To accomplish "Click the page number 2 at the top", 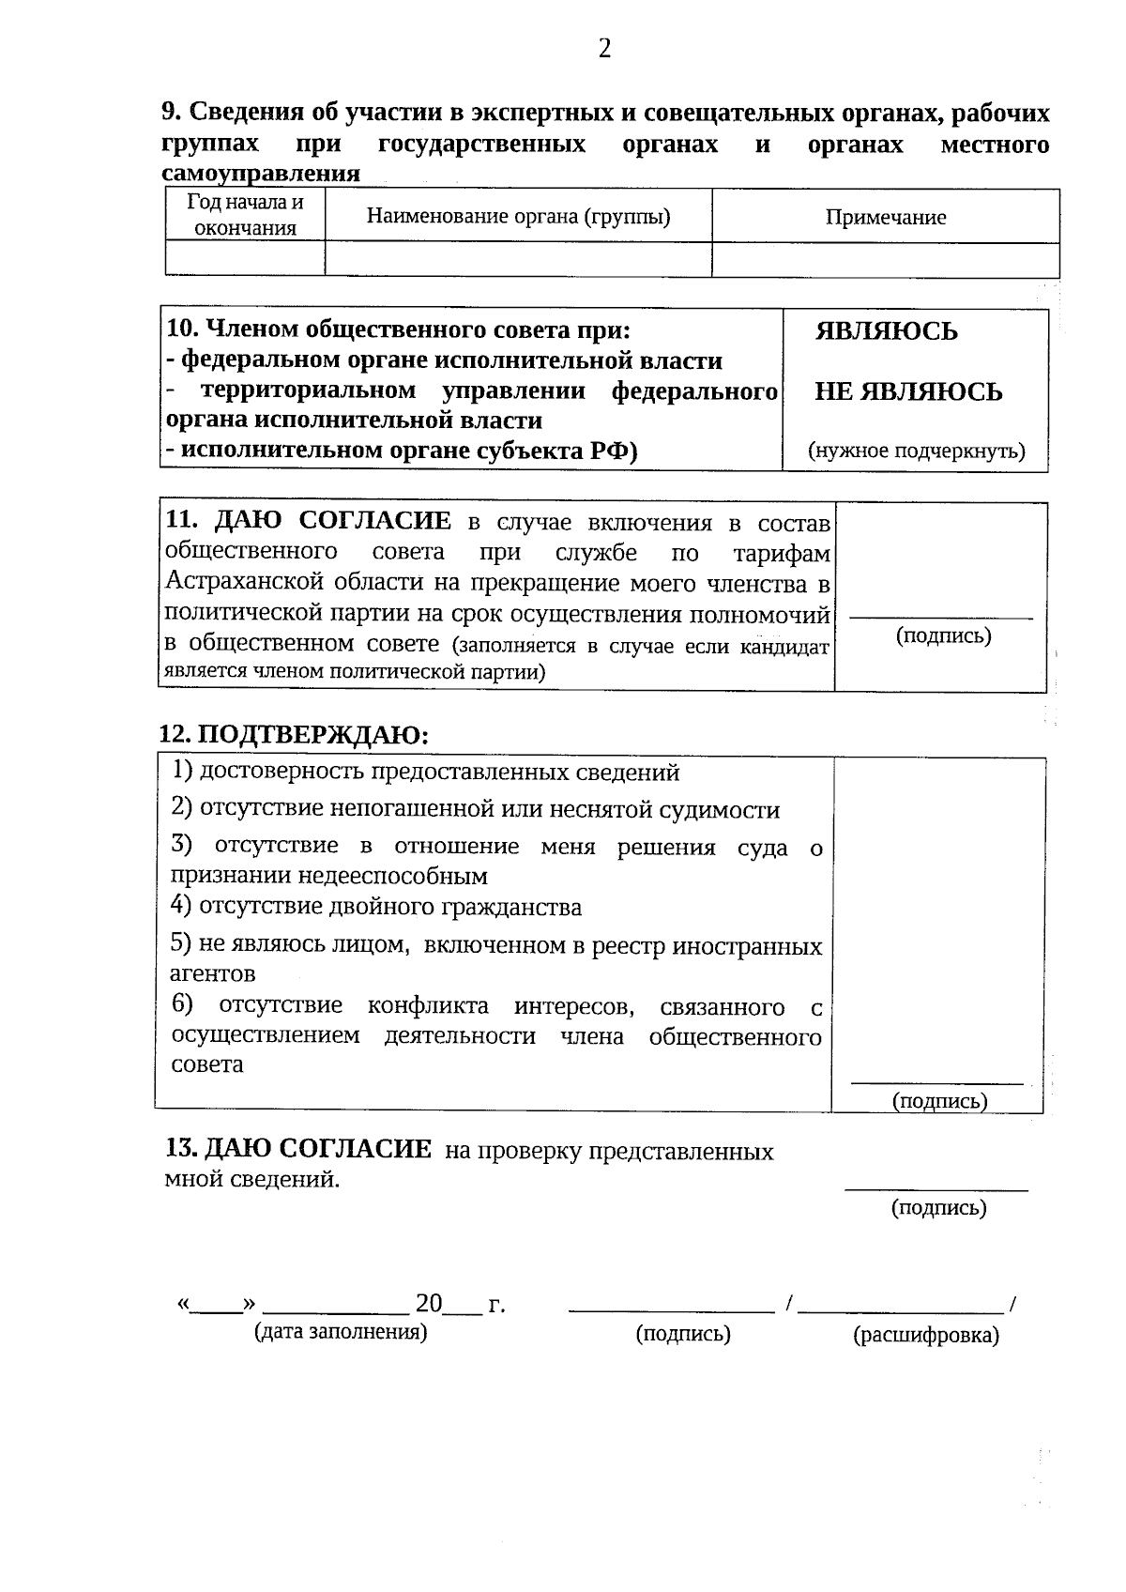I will pyautogui.click(x=604, y=49).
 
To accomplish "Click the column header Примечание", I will pyautogui.click(x=885, y=218).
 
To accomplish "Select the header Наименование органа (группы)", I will pyautogui.click(x=518, y=217).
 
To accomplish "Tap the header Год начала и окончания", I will pyautogui.click(x=245, y=215).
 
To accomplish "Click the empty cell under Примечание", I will pyautogui.click(x=885, y=259).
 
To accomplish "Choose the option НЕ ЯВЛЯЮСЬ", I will pyautogui.click(x=907, y=391).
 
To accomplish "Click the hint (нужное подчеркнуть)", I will pyautogui.click(x=916, y=451).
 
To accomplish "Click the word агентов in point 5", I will pyautogui.click(x=212, y=973).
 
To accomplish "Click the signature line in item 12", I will pyautogui.click(x=936, y=1083).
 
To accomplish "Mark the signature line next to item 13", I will pyautogui.click(x=936, y=1189).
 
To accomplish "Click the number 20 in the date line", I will pyautogui.click(x=428, y=1304).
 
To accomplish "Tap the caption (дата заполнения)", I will pyautogui.click(x=341, y=1332).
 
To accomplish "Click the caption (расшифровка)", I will pyautogui.click(x=925, y=1336).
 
